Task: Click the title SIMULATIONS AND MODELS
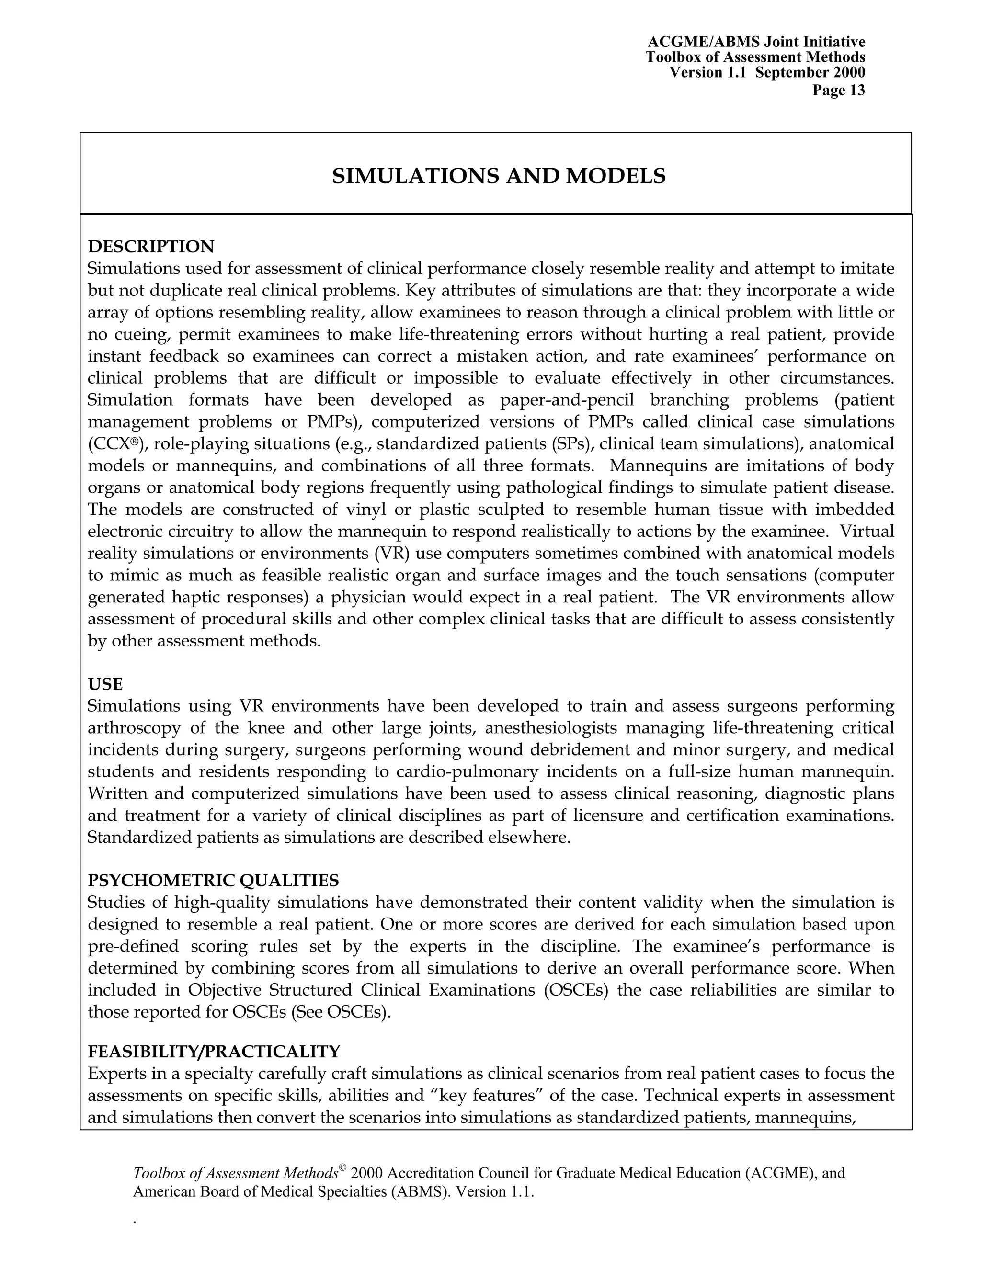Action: coord(499,176)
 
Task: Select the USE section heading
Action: coord(105,684)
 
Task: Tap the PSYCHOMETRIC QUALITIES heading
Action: coord(213,881)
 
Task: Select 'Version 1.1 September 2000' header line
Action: coord(767,73)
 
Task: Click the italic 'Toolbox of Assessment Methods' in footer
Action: coord(235,1174)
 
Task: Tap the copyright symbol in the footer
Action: coord(343,1168)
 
